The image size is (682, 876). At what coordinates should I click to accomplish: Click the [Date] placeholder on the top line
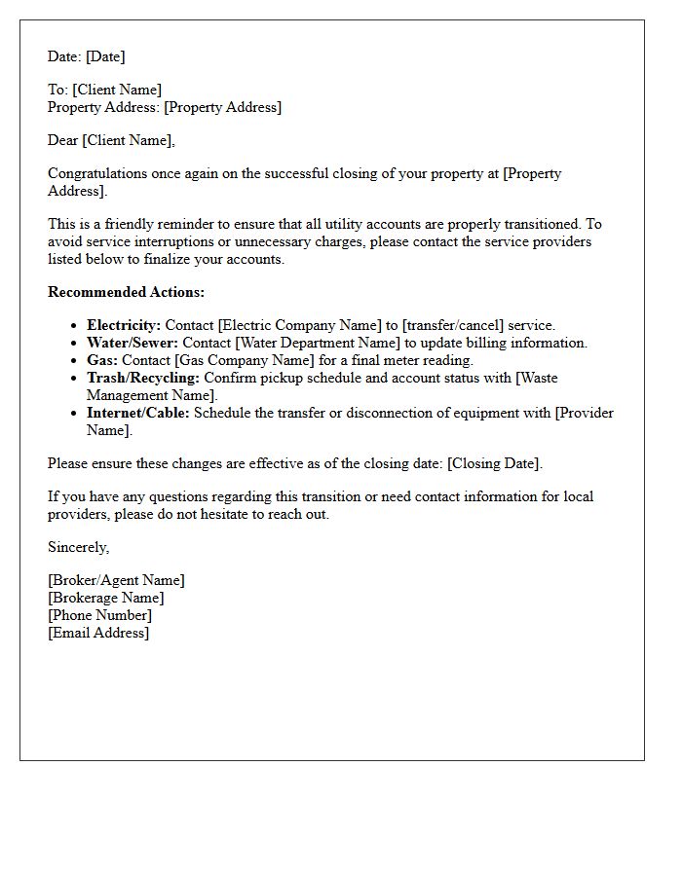105,56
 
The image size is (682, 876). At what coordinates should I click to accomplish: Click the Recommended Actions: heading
126,292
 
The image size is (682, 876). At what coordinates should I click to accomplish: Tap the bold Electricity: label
124,325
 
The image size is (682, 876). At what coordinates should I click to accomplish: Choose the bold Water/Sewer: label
133,343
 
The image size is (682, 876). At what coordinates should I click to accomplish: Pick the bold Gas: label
102,360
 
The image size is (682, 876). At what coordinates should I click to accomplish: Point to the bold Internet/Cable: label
138,413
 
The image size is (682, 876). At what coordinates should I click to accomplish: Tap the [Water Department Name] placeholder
318,343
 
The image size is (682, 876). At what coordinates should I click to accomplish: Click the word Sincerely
78,547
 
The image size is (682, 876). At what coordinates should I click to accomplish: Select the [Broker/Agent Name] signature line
116,580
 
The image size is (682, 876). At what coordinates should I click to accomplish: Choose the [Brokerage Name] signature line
106,598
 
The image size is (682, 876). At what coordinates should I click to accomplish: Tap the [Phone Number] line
99,615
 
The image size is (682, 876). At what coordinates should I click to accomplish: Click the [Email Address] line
98,633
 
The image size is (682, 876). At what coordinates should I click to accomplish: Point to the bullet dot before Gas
74,361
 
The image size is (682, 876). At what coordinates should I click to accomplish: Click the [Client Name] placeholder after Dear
128,140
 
